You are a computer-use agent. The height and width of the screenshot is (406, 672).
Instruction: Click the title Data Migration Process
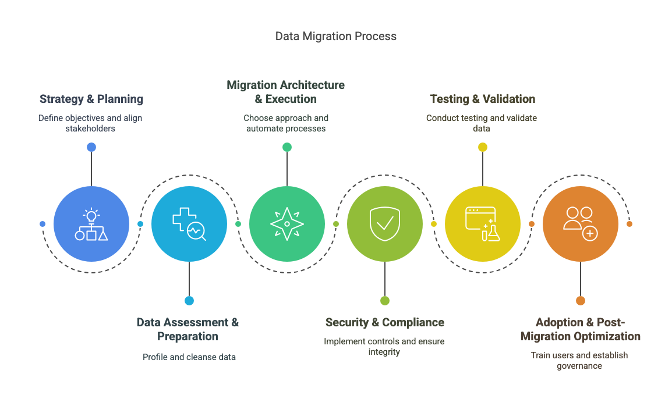click(x=336, y=36)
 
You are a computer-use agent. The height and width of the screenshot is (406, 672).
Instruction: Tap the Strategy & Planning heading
click(x=91, y=99)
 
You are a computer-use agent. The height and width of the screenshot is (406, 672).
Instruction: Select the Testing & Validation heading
click(x=482, y=99)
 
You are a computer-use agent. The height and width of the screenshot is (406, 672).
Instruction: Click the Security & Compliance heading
click(x=384, y=322)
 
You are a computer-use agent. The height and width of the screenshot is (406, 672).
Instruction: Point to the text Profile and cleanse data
click(x=189, y=357)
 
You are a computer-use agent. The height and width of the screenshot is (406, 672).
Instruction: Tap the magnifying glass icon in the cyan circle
click(x=197, y=232)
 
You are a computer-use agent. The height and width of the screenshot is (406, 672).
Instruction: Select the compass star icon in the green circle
click(x=287, y=224)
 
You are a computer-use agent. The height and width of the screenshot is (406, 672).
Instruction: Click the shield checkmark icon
click(x=385, y=223)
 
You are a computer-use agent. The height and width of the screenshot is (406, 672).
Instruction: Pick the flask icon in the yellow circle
click(x=493, y=232)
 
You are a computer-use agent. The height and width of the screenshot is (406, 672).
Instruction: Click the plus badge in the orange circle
click(x=590, y=233)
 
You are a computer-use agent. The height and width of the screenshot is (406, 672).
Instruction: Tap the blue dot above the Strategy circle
click(x=91, y=147)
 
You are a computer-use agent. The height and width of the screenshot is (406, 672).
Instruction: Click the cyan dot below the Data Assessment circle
click(x=189, y=301)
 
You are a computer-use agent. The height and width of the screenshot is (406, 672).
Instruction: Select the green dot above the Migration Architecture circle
click(x=287, y=147)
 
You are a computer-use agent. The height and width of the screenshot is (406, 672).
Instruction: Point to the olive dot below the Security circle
click(x=385, y=301)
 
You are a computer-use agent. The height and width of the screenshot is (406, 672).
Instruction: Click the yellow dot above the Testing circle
click(x=483, y=147)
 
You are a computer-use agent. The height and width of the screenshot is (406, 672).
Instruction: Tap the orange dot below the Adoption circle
click(x=581, y=301)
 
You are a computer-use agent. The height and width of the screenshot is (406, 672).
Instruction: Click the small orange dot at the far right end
click(x=629, y=224)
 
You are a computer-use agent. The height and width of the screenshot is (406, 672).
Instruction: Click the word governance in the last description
click(x=579, y=366)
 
